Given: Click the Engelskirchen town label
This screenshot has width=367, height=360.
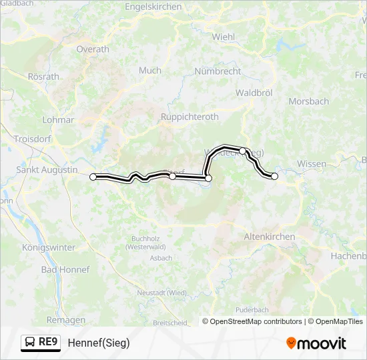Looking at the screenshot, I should [153, 7].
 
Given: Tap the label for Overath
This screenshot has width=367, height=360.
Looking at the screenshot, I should [93, 49].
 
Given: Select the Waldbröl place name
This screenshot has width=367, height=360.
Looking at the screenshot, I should [254, 93].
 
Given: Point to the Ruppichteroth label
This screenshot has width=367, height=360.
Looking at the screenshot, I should [190, 116].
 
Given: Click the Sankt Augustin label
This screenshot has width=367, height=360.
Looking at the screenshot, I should [47, 170].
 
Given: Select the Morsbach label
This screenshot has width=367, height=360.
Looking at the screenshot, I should [308, 101].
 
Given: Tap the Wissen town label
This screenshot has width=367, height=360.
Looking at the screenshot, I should [312, 163].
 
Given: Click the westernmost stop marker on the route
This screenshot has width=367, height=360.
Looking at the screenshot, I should [93, 177].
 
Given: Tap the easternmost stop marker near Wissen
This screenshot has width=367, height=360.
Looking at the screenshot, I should [274, 176].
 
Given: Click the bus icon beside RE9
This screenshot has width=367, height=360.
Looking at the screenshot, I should [29, 343].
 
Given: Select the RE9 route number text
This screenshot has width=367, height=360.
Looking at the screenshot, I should [49, 343].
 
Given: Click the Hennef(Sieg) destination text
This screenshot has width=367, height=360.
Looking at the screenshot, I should [99, 343].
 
